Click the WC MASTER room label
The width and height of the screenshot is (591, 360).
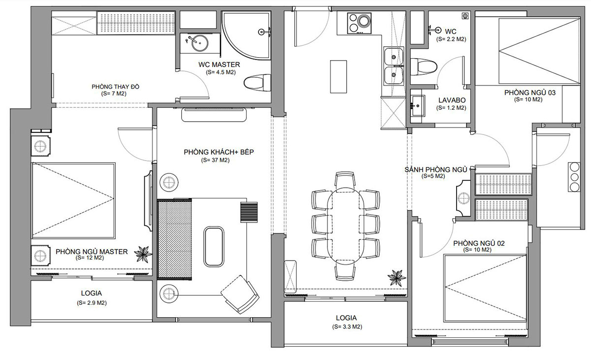click(x=219, y=65)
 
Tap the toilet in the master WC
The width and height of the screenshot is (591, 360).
click(x=257, y=83)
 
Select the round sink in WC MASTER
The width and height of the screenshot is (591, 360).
click(x=200, y=43)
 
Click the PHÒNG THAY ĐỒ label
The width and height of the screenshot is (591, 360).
click(x=115, y=87)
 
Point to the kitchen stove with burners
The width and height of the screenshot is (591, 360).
click(x=359, y=23)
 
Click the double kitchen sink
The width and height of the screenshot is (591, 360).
click(x=394, y=66)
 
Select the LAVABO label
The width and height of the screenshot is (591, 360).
click(x=452, y=100)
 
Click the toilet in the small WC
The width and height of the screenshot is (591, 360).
click(x=424, y=67)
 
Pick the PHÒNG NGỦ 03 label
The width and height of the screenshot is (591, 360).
click(x=530, y=93)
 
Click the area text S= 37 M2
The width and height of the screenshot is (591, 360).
click(x=215, y=160)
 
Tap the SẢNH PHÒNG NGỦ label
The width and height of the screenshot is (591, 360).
click(x=436, y=169)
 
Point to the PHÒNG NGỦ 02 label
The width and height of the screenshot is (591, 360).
click(x=479, y=243)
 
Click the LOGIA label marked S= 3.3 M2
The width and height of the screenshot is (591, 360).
click(x=346, y=318)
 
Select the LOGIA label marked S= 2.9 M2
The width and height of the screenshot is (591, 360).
click(x=91, y=293)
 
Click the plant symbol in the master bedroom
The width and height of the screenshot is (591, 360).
click(x=143, y=254)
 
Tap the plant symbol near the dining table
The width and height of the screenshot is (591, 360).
click(x=396, y=278)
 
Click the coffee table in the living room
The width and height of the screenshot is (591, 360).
click(x=214, y=247)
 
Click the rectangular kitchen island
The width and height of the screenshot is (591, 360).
click(x=338, y=76)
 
